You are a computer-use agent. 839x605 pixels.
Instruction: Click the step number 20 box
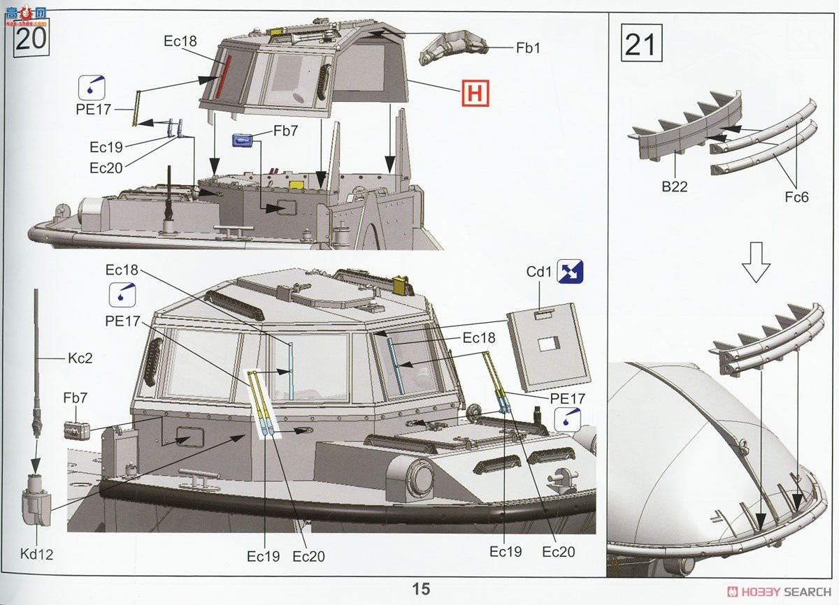tap(31, 38)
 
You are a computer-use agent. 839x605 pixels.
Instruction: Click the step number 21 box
tap(642, 43)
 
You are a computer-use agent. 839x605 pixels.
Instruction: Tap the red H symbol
tap(475, 93)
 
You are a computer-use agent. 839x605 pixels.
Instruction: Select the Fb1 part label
tap(528, 48)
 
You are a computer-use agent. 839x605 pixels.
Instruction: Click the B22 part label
tap(675, 187)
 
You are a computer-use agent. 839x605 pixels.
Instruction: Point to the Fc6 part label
tap(796, 197)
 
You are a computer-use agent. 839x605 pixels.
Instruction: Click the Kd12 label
tap(36, 554)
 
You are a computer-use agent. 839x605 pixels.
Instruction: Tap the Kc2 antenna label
tap(80, 358)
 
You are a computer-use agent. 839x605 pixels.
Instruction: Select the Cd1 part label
tap(539, 272)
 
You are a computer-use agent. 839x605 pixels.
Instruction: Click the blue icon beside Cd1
tap(570, 271)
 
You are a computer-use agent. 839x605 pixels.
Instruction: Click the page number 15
tap(421, 588)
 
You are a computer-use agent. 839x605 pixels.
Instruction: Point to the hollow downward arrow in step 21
tap(756, 262)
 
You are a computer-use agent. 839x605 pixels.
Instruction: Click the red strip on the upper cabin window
tap(223, 77)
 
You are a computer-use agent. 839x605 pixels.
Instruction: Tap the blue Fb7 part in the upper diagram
tap(243, 140)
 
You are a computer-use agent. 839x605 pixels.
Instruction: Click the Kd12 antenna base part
tap(36, 500)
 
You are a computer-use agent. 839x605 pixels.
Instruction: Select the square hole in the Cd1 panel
tap(549, 344)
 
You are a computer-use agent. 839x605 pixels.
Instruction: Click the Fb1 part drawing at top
tap(454, 49)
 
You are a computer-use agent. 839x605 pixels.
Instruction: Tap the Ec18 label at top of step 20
tap(180, 41)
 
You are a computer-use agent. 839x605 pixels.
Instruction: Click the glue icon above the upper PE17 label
tap(92, 87)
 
